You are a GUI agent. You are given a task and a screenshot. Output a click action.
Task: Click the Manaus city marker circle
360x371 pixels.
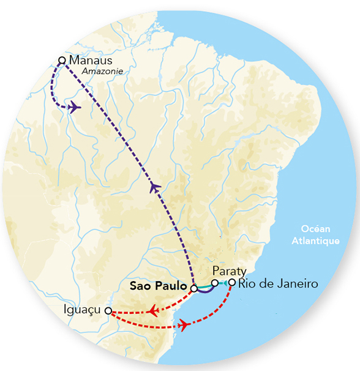point(61,60)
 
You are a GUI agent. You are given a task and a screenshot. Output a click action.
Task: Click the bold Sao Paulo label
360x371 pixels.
point(158,286)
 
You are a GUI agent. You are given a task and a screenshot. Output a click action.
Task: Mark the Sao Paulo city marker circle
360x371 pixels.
point(193,288)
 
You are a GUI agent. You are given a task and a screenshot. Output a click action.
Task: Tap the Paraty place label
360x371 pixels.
point(228,271)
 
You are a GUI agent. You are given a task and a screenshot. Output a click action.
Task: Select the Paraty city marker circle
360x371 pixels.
point(214,282)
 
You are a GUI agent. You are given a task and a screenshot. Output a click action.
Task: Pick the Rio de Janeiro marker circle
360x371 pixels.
point(232,282)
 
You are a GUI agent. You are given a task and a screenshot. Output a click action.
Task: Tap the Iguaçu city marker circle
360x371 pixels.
point(108,310)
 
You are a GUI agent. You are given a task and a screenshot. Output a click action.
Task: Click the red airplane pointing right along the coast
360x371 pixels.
point(182,326)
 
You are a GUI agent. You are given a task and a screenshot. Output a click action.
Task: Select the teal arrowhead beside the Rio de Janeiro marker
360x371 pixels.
point(225,282)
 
